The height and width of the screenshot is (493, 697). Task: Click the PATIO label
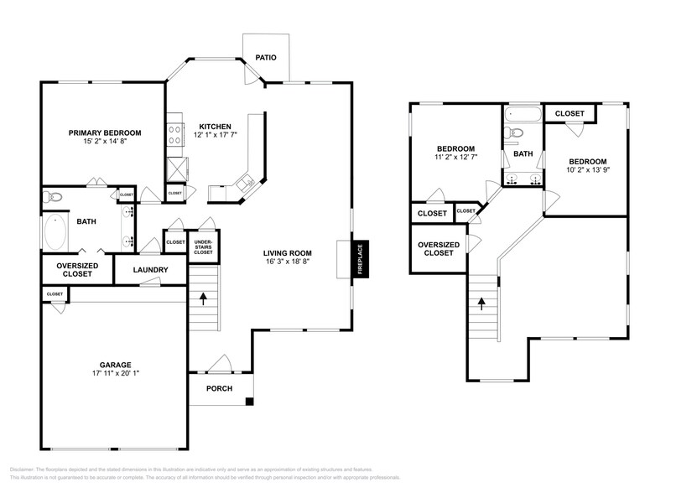[267, 57]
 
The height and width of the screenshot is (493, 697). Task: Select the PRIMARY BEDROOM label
[105, 133]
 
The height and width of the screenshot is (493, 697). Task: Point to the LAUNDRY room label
[151, 270]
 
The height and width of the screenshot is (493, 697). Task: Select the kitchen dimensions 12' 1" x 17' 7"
[216, 135]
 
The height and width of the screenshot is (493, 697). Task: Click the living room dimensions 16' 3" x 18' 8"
[288, 262]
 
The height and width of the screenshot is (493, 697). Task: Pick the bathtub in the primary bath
[57, 233]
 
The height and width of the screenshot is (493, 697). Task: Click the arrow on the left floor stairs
[203, 296]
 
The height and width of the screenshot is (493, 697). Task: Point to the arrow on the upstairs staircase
[482, 304]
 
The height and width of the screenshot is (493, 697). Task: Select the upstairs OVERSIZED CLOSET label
[439, 250]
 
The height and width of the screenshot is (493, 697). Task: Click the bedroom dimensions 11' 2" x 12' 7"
[454, 157]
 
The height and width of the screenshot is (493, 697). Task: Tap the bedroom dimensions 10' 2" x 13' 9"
[587, 170]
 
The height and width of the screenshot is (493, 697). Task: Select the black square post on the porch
[249, 402]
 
